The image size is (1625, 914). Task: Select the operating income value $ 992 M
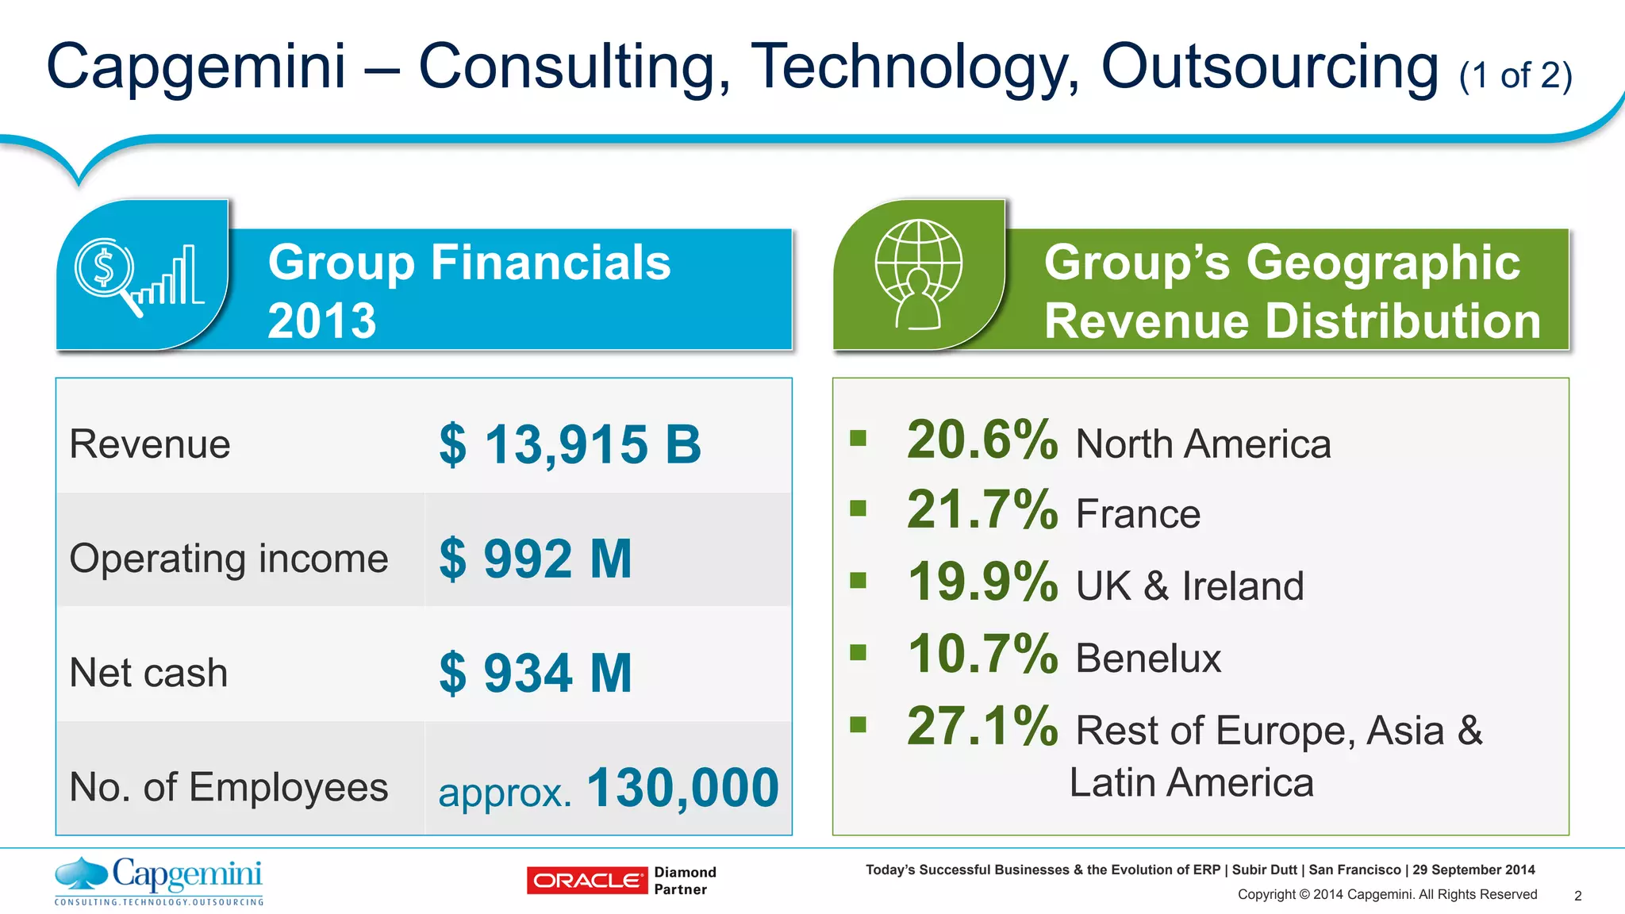coord(536,559)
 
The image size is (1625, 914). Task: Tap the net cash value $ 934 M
coord(536,673)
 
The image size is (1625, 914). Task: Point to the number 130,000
coord(682,788)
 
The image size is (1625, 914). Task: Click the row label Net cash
coord(148,673)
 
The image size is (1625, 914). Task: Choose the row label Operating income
coord(229,559)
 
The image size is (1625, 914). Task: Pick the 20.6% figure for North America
coord(982,440)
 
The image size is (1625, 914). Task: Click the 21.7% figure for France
coord(982,509)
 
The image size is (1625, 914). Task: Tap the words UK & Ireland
coord(1189,586)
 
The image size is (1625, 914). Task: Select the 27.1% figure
coord(982,726)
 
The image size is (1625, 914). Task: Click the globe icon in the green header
coord(918,274)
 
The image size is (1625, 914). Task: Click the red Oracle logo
coord(586,881)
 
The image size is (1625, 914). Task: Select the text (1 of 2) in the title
coord(1516,76)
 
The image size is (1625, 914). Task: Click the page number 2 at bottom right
coord(1577,896)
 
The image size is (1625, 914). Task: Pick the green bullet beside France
coord(858,508)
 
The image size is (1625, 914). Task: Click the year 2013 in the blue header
coord(321,321)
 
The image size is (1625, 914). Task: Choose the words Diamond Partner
coord(685,881)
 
